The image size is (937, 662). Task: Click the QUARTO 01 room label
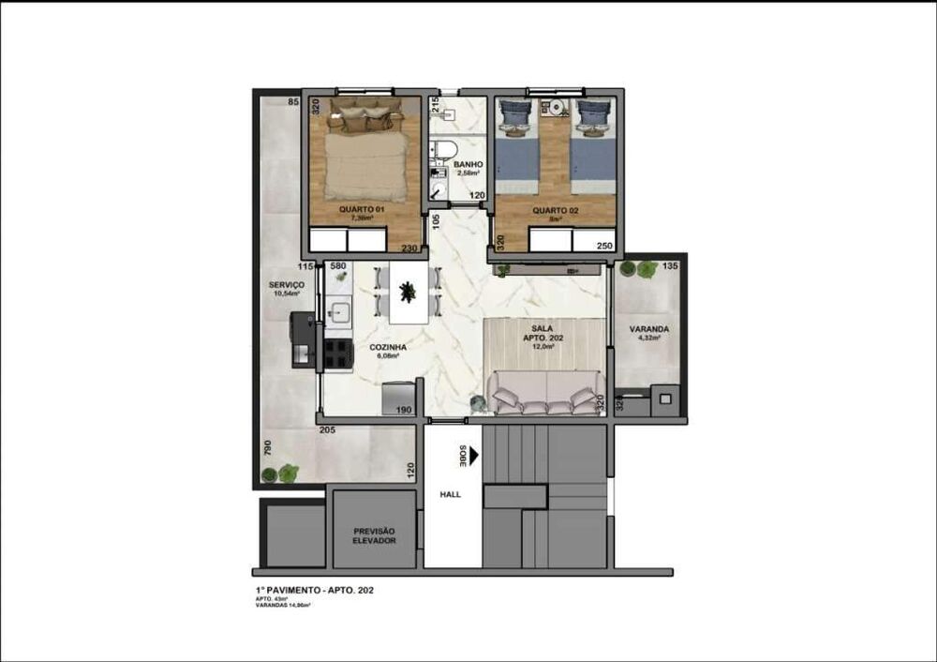click(x=362, y=210)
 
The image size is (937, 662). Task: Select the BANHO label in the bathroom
click(x=468, y=165)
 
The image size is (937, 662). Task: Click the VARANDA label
click(x=648, y=329)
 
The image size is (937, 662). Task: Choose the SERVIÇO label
click(x=286, y=285)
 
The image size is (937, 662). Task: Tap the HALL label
click(x=450, y=494)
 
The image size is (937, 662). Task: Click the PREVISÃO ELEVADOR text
click(x=374, y=535)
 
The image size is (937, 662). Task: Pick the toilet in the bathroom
click(x=444, y=149)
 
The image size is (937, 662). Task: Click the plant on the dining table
click(x=408, y=293)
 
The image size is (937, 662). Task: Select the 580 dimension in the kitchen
click(x=338, y=266)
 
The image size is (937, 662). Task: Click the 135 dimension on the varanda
click(x=669, y=266)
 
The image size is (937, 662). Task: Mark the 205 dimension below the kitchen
click(x=328, y=430)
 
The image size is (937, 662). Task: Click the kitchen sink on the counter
click(x=339, y=309)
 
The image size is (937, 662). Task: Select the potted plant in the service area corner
click(x=288, y=474)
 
